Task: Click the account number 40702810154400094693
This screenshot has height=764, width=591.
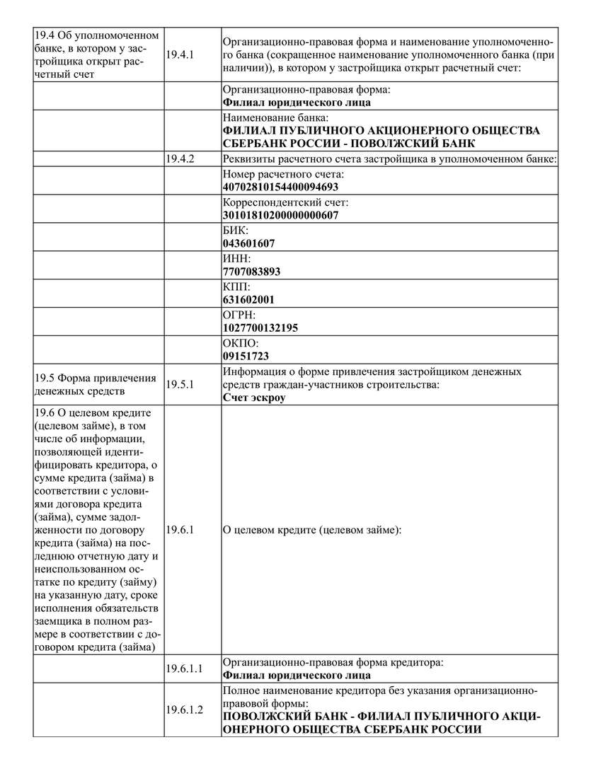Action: pos(280,187)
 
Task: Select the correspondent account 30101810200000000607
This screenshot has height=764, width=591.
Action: pos(280,216)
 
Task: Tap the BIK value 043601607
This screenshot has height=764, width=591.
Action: pos(248,243)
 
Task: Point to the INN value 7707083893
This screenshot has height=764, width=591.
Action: pos(251,272)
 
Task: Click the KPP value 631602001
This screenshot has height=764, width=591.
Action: pos(248,299)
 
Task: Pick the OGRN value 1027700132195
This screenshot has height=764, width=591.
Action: pos(260,328)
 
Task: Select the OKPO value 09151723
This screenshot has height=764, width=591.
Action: pos(246,356)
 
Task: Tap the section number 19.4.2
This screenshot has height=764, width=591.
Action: pos(179,159)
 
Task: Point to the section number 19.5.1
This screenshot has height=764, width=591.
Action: pos(179,384)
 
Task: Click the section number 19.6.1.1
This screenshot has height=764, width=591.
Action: pos(184,668)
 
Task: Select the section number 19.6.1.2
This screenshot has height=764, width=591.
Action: pos(184,710)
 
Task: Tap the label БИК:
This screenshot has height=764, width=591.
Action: pos(236,231)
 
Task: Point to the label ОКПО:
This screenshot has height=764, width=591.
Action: pos(240,343)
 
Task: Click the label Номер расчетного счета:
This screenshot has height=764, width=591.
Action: pos(283,175)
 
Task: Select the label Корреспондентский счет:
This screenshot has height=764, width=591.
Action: pos(285,203)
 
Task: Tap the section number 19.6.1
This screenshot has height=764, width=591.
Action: pos(179,529)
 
